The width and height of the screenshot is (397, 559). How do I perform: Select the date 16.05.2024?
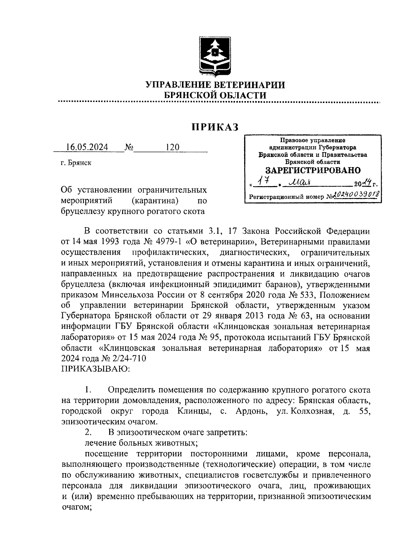87,147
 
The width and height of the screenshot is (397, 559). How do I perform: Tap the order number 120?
172,147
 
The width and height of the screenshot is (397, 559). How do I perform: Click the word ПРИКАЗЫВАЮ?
96,368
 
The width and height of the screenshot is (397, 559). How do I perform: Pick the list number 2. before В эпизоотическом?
88,432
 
